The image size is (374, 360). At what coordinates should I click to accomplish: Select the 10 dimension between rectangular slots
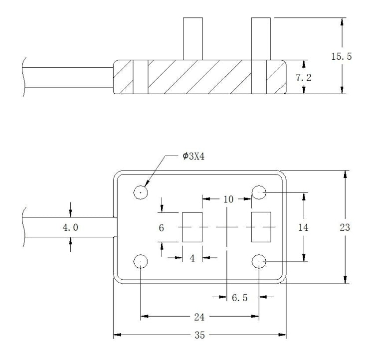228,199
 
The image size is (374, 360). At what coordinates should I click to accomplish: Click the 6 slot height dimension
162,227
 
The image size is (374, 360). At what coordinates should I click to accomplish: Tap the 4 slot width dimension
192,257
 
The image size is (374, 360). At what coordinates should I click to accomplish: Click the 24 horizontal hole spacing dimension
200,316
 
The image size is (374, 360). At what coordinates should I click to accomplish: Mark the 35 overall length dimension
200,335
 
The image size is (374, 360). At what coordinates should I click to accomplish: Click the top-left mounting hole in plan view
141,192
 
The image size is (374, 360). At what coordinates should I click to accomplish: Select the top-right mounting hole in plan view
259,192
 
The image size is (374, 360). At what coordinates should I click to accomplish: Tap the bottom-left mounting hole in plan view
141,261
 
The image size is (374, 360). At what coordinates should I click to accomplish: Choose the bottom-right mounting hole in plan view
259,261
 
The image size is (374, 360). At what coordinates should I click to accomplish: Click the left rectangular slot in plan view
192,227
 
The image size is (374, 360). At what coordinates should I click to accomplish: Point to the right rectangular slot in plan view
261,227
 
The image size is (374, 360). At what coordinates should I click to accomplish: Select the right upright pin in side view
260,39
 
